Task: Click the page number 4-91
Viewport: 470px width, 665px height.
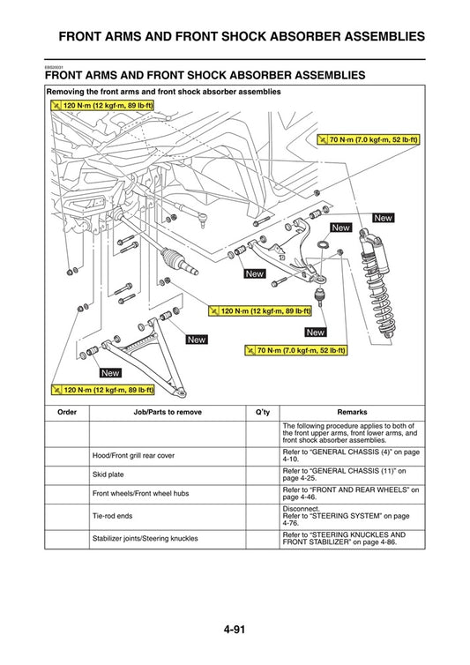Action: point(235,630)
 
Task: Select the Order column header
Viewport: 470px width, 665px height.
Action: point(67,412)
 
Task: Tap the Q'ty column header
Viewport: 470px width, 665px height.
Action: point(262,412)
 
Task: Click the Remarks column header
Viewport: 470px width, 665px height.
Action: point(352,412)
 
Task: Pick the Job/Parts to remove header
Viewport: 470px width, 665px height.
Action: point(167,412)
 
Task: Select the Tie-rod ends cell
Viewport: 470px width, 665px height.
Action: point(112,517)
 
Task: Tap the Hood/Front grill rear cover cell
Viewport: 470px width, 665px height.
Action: point(133,456)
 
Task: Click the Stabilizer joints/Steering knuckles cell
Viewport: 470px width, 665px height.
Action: point(145,538)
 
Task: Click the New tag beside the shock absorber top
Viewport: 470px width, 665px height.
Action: point(383,218)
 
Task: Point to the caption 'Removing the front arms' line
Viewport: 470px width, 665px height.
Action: point(163,92)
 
